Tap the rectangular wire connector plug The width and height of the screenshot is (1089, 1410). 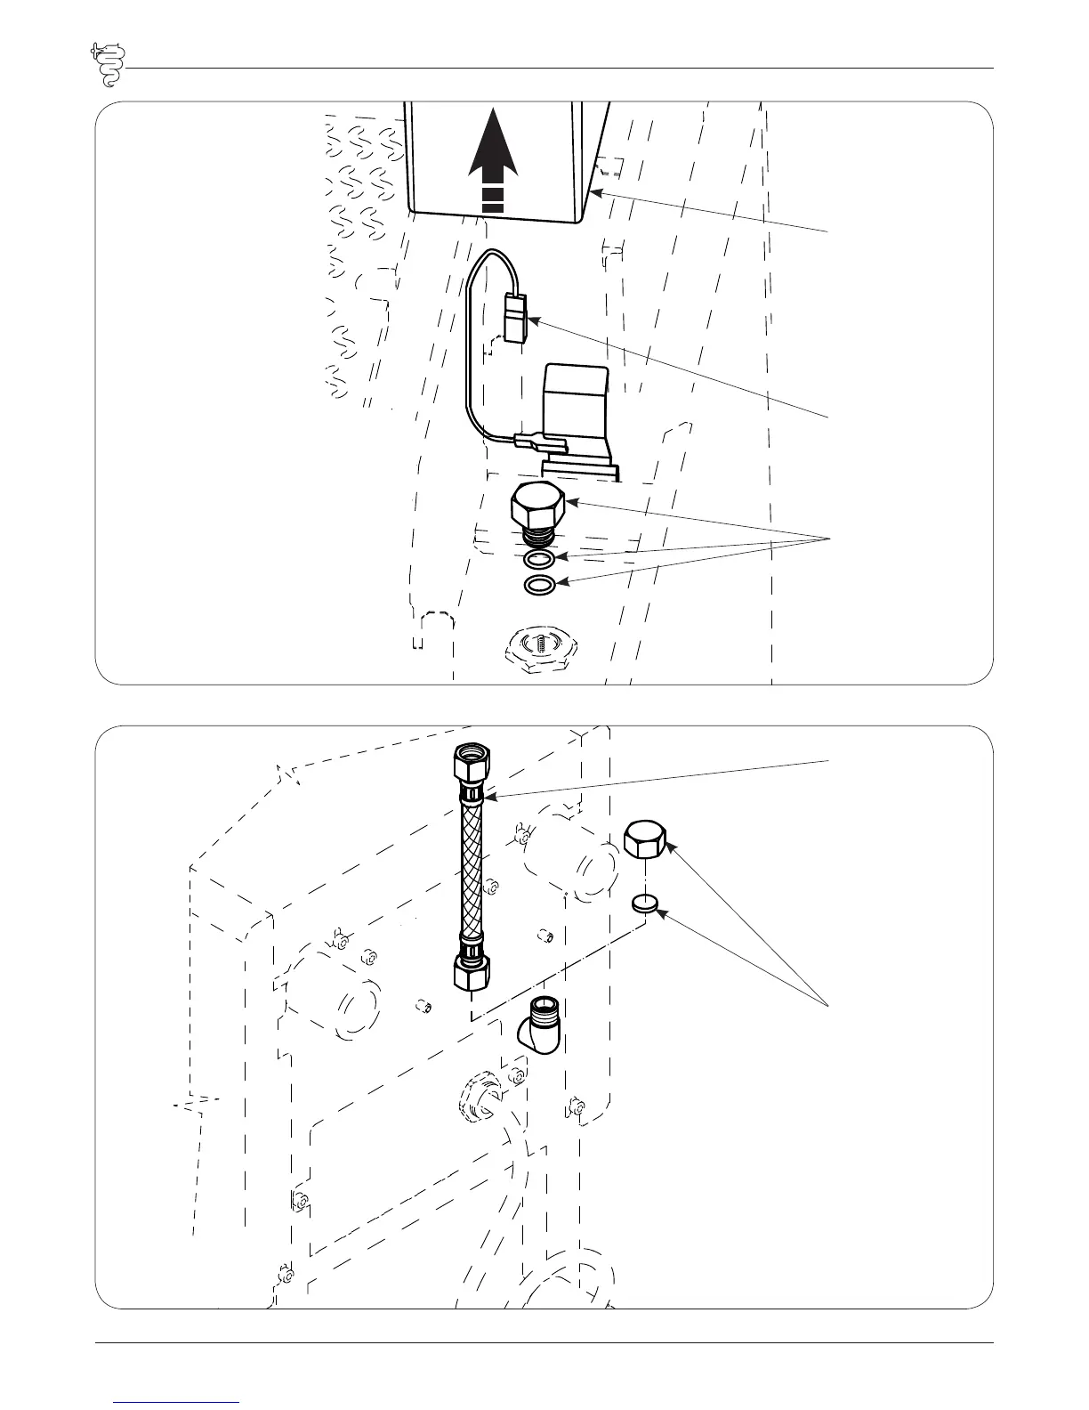(x=515, y=318)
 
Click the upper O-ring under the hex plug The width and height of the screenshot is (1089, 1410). (x=539, y=559)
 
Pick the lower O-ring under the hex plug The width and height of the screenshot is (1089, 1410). (x=539, y=585)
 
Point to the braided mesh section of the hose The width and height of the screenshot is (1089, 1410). (x=471, y=868)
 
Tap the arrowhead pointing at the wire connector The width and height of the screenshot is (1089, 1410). (x=532, y=319)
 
